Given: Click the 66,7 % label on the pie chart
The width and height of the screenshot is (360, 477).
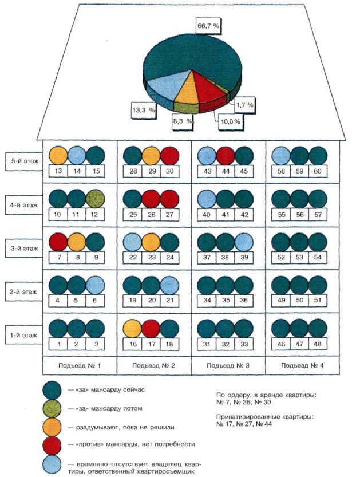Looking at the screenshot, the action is [208, 26].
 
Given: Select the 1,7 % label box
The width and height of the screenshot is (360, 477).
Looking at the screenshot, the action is [244, 105].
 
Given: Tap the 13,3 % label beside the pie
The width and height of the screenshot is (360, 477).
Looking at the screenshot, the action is [144, 110].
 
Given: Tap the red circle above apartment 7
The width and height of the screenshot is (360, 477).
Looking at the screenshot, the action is [58, 242].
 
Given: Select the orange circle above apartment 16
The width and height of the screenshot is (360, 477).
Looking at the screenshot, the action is [132, 329].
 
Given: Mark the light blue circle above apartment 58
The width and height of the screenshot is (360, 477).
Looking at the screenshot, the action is [281, 156].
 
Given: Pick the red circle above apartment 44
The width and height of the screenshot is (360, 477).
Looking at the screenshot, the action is [226, 156].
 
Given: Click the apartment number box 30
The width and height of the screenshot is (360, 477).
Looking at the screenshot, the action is [169, 171].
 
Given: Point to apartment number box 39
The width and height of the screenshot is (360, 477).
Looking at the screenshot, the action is [244, 257].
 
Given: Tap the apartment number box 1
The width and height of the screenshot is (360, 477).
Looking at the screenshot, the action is [58, 344].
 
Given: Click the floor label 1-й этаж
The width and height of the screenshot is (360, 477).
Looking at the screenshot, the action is [24, 335].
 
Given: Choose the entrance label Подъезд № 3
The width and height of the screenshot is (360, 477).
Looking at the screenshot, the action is [228, 365].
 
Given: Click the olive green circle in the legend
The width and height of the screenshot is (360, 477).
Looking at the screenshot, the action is [52, 408].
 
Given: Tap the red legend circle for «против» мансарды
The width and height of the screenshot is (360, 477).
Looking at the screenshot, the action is [52, 446].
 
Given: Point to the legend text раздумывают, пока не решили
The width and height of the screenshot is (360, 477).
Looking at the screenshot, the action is [125, 427].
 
